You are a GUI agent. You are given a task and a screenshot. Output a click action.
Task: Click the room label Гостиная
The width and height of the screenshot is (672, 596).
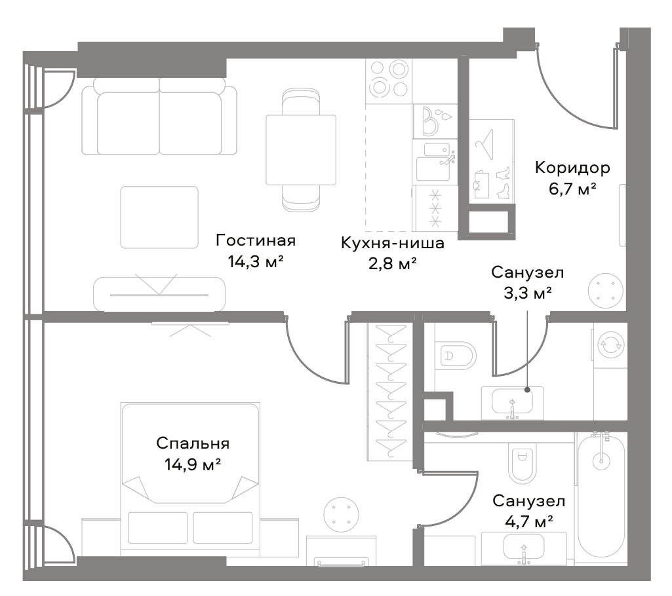pyautogui.click(x=256, y=240)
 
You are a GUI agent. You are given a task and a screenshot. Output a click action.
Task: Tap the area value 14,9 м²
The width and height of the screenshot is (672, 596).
pyautogui.click(x=193, y=464)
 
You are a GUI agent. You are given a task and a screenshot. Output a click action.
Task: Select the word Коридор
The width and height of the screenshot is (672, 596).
pyautogui.click(x=572, y=168)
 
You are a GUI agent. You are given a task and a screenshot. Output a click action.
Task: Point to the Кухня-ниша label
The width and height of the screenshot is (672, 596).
pyautogui.click(x=393, y=243)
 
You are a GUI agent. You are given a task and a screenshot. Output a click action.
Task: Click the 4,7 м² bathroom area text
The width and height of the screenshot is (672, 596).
pyautogui.click(x=529, y=521)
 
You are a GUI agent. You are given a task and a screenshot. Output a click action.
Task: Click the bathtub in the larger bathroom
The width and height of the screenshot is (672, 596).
pyautogui.click(x=601, y=498)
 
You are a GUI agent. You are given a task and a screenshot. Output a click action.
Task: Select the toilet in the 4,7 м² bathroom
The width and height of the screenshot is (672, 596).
pyautogui.click(x=522, y=464)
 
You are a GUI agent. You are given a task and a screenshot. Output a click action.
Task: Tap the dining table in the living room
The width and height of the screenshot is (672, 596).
pyautogui.click(x=301, y=150)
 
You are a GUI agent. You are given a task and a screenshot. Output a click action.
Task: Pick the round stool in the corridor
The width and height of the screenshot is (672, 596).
pyautogui.click(x=605, y=290)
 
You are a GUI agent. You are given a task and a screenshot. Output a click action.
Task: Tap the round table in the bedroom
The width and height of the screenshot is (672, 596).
pyautogui.click(x=342, y=515)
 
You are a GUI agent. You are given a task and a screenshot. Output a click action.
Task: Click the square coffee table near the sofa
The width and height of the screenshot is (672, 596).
pyautogui.click(x=159, y=217)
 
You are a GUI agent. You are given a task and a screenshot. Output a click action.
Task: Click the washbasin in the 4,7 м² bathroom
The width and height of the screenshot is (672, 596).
pyautogui.click(x=523, y=548)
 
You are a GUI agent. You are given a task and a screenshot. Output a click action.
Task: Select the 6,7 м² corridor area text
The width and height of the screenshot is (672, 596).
pyautogui.click(x=573, y=189)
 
